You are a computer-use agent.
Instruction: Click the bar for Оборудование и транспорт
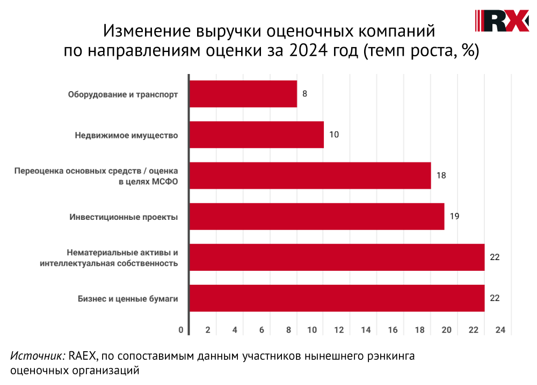click(x=243, y=94)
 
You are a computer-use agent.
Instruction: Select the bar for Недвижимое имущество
click(x=257, y=135)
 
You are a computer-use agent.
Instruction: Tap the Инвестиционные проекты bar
click(x=317, y=216)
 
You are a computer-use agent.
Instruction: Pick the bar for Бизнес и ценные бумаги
click(x=337, y=298)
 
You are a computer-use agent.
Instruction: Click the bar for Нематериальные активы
click(x=337, y=257)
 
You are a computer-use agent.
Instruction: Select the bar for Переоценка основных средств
click(x=310, y=175)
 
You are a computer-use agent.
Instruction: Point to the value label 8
click(x=305, y=94)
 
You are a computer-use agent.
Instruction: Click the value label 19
click(x=454, y=216)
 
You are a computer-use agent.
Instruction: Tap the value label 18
click(x=441, y=175)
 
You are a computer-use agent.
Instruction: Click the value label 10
click(x=334, y=135)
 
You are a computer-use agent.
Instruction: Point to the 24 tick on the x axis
click(x=500, y=330)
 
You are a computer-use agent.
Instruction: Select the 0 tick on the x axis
click(x=181, y=330)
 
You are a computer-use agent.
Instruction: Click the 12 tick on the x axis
click(x=339, y=330)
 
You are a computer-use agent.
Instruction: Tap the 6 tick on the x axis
click(x=262, y=330)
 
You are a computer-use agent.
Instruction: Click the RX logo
click(x=503, y=21)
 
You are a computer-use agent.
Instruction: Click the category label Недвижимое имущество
click(x=126, y=135)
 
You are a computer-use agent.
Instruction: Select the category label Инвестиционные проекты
click(x=124, y=217)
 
